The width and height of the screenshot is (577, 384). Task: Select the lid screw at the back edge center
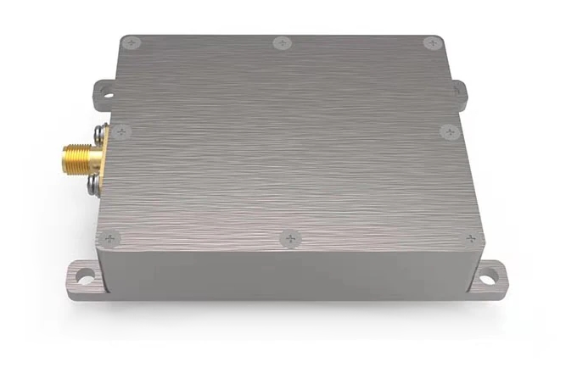click(x=281, y=42)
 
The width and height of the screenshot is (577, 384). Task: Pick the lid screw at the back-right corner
click(x=431, y=42)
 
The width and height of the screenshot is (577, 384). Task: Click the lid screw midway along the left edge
click(x=120, y=131)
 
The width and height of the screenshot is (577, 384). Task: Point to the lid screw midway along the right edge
click(x=447, y=131)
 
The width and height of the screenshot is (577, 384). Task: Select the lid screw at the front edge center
click(x=291, y=240)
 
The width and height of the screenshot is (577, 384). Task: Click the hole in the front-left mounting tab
click(x=83, y=275)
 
